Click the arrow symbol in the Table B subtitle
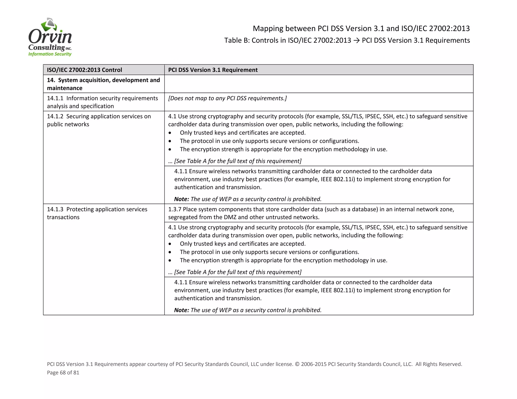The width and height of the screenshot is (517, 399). pyautogui.click(x=356, y=41)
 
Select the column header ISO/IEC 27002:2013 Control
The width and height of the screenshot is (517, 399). pyautogui.click(x=84, y=70)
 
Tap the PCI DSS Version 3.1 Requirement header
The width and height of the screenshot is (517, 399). pyautogui.click(x=213, y=70)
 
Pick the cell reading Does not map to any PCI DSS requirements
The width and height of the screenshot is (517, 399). pyautogui.click(x=227, y=98)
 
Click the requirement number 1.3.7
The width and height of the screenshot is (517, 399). pyautogui.click(x=175, y=209)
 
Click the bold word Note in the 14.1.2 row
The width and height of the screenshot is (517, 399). pyautogui.click(x=181, y=199)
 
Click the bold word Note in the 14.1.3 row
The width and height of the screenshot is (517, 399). pyautogui.click(x=181, y=310)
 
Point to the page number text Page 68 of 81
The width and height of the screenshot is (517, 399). pyautogui.click(x=63, y=373)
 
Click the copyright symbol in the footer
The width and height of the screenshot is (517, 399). pyautogui.click(x=297, y=364)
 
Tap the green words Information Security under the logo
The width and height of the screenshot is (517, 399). pyautogui.click(x=50, y=54)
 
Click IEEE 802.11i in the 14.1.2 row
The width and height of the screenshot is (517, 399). pyautogui.click(x=338, y=179)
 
